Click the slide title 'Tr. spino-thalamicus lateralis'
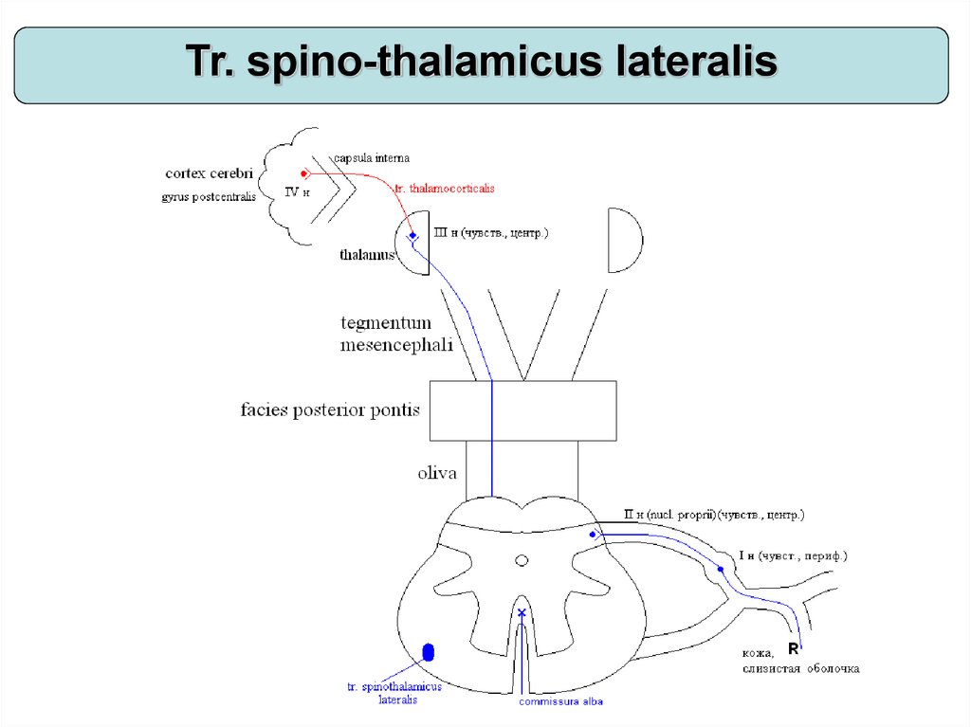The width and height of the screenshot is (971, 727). click(x=481, y=63)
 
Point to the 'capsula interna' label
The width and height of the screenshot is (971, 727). click(x=371, y=157)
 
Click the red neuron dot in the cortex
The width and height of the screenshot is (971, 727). click(x=304, y=173)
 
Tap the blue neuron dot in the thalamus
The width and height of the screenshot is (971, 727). click(x=412, y=236)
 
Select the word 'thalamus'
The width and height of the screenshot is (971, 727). click(x=366, y=255)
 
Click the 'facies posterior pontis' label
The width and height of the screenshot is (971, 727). click(x=330, y=411)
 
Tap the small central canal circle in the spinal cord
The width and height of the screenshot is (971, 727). click(x=521, y=561)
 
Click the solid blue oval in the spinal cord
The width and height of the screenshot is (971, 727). click(x=428, y=651)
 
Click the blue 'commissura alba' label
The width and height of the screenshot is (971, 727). click(x=560, y=701)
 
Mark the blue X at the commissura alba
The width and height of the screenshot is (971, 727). click(x=521, y=613)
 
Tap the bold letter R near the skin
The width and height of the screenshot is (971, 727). click(x=794, y=650)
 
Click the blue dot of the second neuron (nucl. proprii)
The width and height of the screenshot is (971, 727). click(x=593, y=535)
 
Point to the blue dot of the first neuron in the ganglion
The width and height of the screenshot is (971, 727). click(x=721, y=570)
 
